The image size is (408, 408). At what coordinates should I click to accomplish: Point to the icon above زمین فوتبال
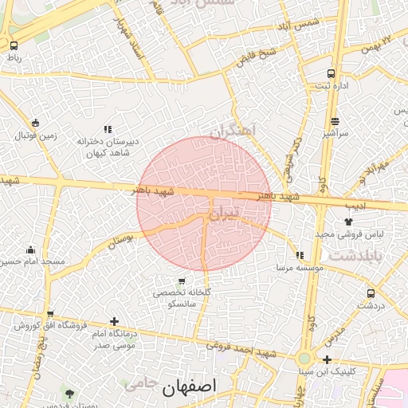(34, 123)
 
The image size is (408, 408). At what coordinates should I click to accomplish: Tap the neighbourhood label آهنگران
(232, 130)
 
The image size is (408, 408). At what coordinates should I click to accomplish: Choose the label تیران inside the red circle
(222, 214)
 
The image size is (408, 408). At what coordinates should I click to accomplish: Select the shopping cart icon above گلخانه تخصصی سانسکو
(182, 280)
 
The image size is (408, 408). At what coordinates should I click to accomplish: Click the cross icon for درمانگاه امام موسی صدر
(114, 321)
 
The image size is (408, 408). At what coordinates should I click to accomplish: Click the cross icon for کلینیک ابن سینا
(328, 359)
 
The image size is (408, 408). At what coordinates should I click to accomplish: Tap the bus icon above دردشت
(371, 293)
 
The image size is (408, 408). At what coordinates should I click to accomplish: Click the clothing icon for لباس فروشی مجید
(347, 222)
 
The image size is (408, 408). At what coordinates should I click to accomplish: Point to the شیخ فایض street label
(255, 57)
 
